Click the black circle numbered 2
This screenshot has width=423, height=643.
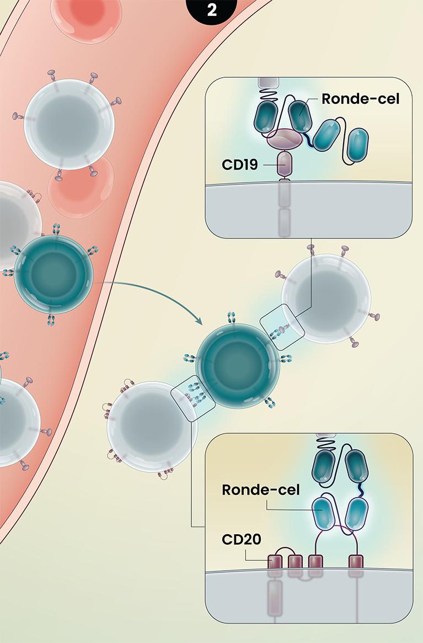tap(212, 9)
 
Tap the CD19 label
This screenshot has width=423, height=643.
tap(240, 164)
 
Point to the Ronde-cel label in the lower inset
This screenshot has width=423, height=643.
tap(261, 490)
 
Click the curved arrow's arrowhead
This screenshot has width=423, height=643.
tap(200, 322)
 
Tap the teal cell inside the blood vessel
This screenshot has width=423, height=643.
tap(53, 274)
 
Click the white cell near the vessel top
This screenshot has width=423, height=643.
tap(69, 122)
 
